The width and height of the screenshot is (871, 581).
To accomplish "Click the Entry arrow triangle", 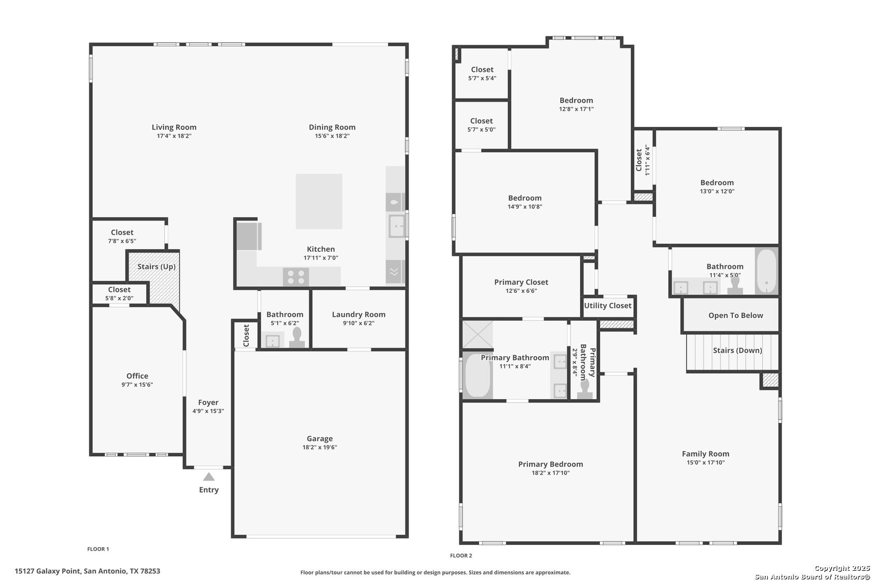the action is [x=209, y=477].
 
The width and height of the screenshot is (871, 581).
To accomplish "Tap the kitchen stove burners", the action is [x=296, y=277].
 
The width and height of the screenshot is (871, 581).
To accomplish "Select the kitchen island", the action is [x=319, y=201].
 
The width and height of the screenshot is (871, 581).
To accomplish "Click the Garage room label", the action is [x=319, y=438].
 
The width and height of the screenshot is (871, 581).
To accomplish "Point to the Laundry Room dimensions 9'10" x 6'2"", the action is [x=359, y=323].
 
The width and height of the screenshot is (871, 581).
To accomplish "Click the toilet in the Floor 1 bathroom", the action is [x=297, y=338].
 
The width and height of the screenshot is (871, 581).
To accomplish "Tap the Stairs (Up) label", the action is [x=156, y=267].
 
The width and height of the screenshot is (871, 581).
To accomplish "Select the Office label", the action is [x=137, y=375].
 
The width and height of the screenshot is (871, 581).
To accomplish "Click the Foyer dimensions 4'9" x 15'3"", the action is [x=208, y=411].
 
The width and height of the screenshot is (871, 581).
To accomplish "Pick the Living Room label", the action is [x=174, y=127].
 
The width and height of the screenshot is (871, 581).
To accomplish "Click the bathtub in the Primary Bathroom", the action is [x=477, y=375].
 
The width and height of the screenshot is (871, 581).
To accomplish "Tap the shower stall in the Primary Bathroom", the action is [x=478, y=334].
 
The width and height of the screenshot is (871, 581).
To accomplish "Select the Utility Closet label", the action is [x=608, y=306].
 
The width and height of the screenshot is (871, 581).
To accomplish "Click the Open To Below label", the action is [x=736, y=315].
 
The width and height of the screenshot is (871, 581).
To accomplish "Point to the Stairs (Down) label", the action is [x=737, y=350].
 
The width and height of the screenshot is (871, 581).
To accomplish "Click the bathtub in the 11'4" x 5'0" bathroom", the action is [x=767, y=271].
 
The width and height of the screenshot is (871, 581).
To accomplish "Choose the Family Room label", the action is [x=705, y=454].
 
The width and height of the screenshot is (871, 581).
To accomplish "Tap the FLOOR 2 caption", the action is [x=461, y=555].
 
